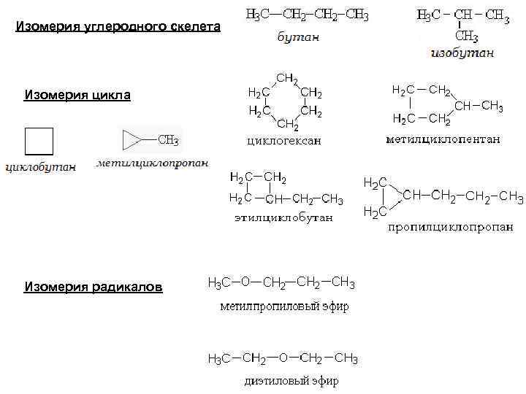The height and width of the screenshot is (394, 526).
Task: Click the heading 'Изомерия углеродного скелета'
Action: pos(118,28)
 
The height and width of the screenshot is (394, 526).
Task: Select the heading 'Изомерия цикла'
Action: pos(77,95)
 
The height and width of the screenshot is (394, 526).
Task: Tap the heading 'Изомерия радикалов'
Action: pos(94,287)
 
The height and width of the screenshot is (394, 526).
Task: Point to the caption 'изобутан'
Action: pos(462,53)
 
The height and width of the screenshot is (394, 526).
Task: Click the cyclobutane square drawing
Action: pos(39,142)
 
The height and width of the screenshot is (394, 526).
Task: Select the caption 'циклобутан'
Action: pos(40,167)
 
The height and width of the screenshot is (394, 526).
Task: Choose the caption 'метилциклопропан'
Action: pos(153,163)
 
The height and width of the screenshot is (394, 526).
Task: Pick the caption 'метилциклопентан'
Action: pos(443,139)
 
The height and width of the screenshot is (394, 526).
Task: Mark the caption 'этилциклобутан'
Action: pos(283,217)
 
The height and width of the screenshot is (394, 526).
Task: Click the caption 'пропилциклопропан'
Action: pos(450,227)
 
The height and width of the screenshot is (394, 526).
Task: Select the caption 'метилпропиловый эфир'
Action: pos(285,306)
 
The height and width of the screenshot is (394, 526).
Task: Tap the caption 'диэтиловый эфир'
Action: pos(291,381)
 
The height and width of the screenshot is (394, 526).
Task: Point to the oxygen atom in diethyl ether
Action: pos(283,358)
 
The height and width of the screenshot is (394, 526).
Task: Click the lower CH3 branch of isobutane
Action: pos(466,36)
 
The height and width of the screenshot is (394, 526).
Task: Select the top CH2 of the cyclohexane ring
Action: pos(286,78)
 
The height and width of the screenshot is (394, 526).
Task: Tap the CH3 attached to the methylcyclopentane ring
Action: pos(492,107)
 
